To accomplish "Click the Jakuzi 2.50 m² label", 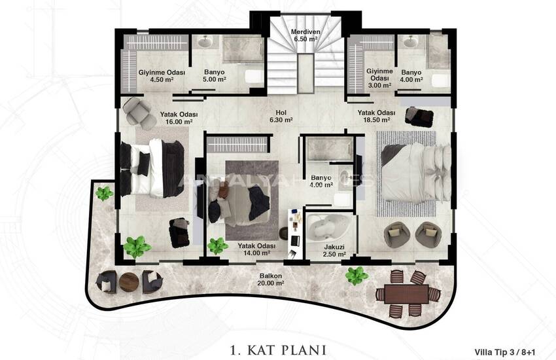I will pos(334,250).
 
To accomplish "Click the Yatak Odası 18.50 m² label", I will pos(376,116).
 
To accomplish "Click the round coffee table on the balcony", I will pos(127,281).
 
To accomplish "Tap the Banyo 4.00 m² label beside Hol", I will pos(321,181).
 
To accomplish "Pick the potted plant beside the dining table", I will pos(356,275).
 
